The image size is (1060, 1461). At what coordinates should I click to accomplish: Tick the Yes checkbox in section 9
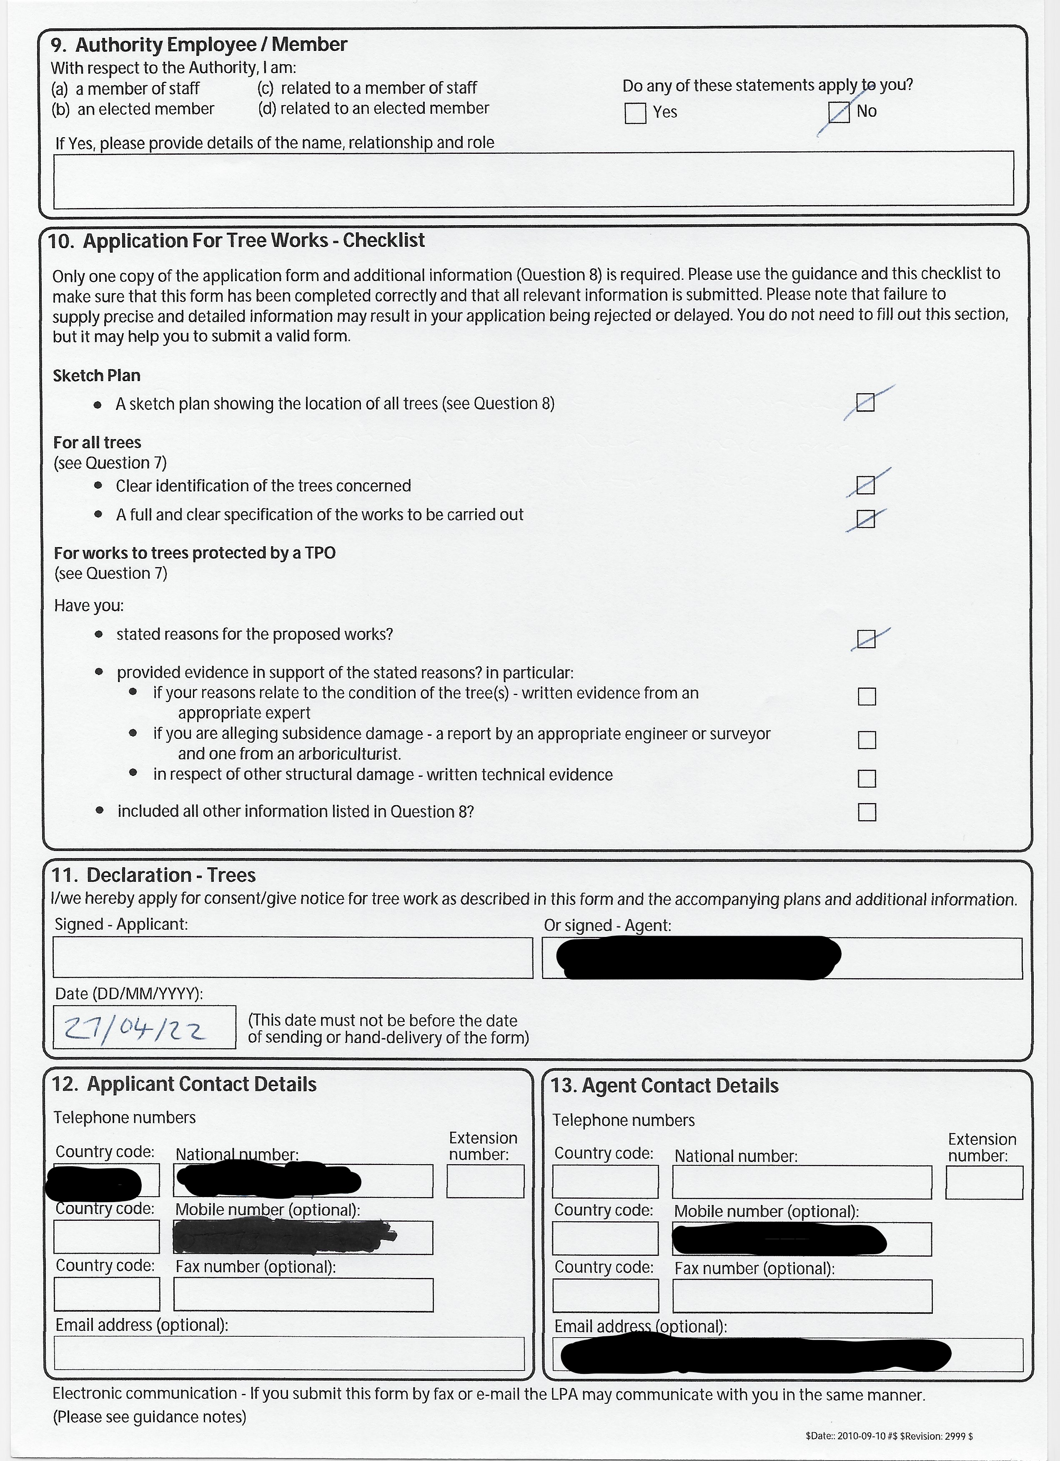click(635, 113)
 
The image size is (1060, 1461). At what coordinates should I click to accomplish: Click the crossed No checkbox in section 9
click(839, 113)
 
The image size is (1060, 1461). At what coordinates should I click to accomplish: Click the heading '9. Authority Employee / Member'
click(199, 45)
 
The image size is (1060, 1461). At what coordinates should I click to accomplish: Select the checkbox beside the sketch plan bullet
click(865, 403)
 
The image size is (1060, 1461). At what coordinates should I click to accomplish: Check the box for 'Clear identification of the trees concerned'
click(865, 484)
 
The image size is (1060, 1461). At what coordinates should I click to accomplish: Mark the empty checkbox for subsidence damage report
click(867, 740)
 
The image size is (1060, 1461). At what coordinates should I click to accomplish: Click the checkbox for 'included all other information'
click(867, 812)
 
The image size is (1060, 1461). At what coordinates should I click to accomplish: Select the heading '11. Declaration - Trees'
click(153, 875)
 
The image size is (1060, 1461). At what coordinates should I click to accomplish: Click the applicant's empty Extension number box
click(485, 1181)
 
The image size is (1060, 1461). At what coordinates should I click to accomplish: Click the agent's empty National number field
click(801, 1182)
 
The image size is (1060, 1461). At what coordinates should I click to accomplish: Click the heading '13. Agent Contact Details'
click(664, 1085)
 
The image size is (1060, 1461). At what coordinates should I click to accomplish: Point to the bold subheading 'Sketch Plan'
click(97, 376)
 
